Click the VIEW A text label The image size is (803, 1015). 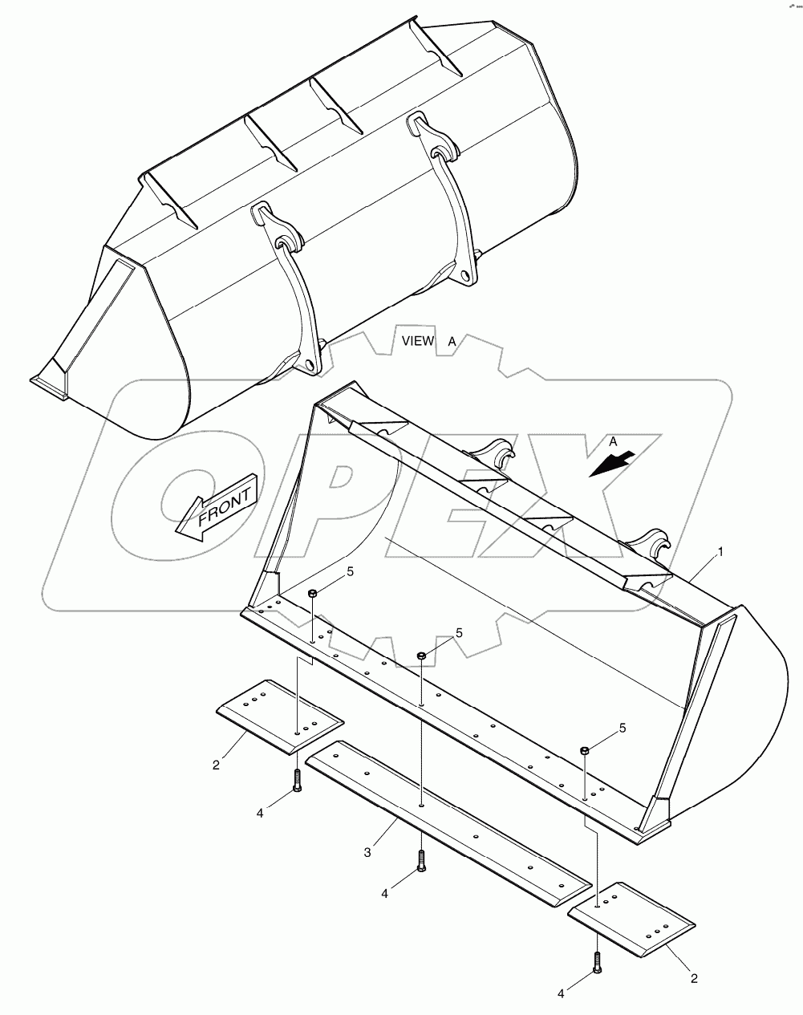(429, 341)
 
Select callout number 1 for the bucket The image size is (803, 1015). (720, 552)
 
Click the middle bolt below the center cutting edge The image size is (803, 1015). (420, 861)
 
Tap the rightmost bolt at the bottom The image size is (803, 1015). (597, 961)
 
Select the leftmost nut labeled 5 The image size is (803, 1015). (312, 593)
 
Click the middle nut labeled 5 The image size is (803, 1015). (421, 656)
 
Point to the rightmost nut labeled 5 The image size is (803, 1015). (585, 750)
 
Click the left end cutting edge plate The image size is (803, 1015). (280, 717)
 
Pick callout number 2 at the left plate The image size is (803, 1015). (215, 765)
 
